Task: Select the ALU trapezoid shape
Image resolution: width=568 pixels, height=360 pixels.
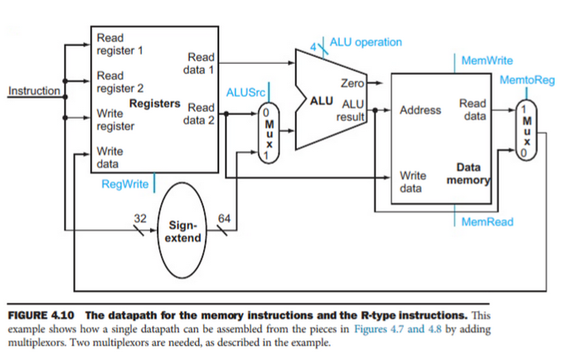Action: (328, 97)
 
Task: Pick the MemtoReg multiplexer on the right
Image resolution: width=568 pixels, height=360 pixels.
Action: (524, 129)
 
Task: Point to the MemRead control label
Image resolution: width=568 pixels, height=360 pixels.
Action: (487, 221)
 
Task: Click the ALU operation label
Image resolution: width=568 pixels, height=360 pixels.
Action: (365, 41)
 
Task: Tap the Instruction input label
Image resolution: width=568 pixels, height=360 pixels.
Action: (32, 90)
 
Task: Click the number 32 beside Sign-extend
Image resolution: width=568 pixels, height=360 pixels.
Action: (140, 217)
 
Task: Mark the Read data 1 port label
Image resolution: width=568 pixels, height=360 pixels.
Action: (201, 64)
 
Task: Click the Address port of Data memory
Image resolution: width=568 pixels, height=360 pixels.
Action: (420, 109)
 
